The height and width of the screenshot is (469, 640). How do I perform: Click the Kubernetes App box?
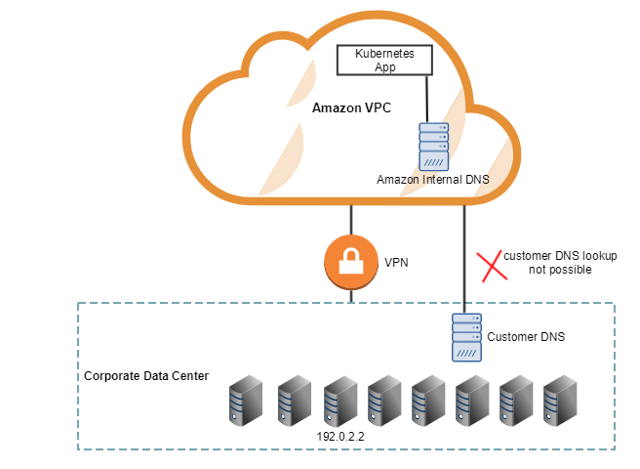pos(382,61)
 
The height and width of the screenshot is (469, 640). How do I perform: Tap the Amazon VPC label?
pos(351,108)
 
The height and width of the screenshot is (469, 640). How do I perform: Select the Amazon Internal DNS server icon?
pos(433,147)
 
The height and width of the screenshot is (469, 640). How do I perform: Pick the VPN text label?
pos(397,263)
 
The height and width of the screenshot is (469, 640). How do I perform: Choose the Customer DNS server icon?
pos(466,336)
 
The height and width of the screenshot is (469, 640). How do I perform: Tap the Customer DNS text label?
pos(526,336)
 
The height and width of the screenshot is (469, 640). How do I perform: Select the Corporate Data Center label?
pos(145,375)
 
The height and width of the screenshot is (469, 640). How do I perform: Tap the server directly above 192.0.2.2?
pos(340,402)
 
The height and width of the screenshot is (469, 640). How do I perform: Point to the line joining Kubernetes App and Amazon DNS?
pos(426,99)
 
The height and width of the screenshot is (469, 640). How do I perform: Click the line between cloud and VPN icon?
pos(350,220)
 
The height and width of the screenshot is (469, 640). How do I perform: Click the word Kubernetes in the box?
pos(382,55)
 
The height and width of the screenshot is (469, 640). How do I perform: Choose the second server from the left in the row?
pos(293,402)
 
